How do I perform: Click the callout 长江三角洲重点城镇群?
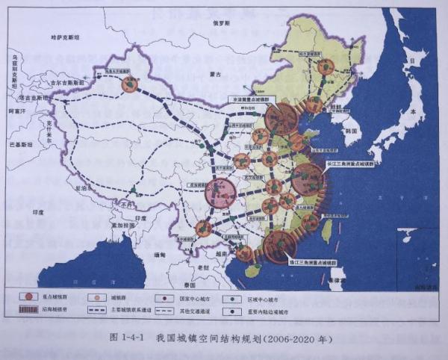(x=351, y=162)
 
